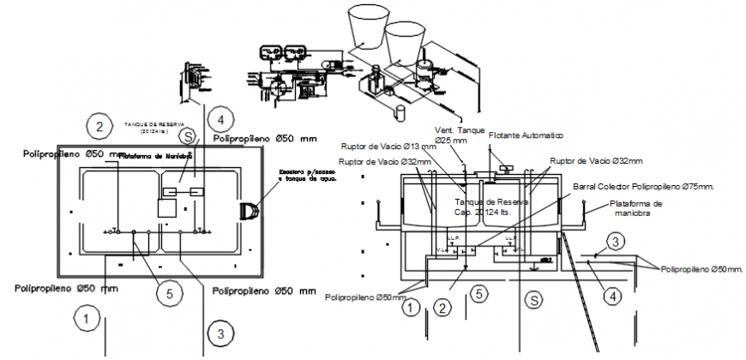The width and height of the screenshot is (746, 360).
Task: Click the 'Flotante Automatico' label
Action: click(526, 135)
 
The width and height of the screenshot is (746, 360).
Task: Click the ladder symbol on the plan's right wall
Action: click(250, 211)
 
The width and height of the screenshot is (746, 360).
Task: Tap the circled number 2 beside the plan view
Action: click(100, 127)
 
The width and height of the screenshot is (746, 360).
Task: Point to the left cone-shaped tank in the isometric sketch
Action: click(367, 31)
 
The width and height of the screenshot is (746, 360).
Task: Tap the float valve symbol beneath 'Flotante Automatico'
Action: click(501, 165)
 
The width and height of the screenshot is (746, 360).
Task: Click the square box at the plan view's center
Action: click(168, 208)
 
